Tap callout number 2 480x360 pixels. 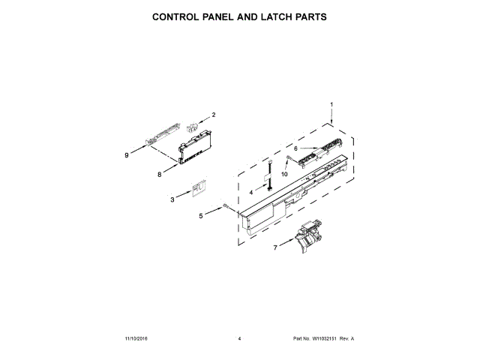tap(213, 115)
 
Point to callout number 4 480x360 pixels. tap(251, 192)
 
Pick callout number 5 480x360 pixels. tap(200, 216)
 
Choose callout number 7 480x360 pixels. tap(275, 247)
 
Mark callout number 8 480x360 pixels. tap(159, 175)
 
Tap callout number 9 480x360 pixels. tap(127, 155)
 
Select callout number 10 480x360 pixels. tap(284, 174)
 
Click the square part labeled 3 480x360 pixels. tap(197, 187)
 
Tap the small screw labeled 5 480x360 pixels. tap(224, 207)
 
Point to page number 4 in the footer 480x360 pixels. tap(239, 339)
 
